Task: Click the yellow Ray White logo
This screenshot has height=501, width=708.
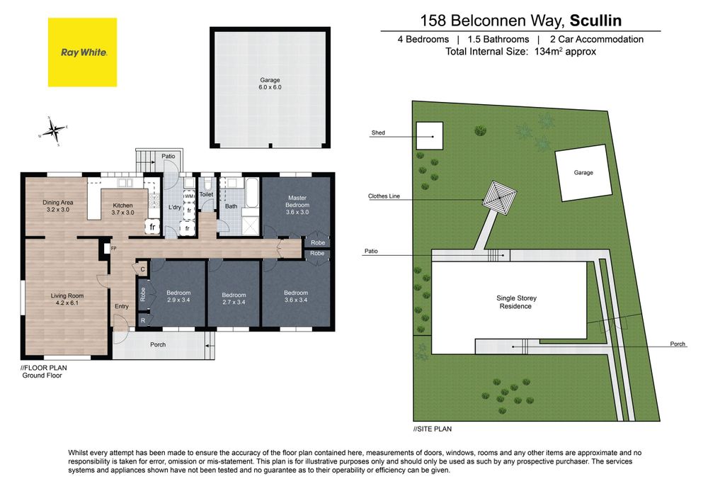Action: pyautogui.click(x=83, y=52)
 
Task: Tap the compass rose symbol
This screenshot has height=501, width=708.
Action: pyautogui.click(x=53, y=131)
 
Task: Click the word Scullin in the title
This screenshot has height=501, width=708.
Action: pyautogui.click(x=595, y=21)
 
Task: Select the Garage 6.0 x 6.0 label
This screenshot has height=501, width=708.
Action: pyautogui.click(x=270, y=84)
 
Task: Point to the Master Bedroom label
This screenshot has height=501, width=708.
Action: pyautogui.click(x=297, y=205)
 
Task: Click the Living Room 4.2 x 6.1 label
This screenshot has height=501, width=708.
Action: pyautogui.click(x=67, y=300)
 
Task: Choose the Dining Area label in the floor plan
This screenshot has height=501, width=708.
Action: pyautogui.click(x=58, y=206)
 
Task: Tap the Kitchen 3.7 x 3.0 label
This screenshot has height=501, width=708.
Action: pyautogui.click(x=122, y=209)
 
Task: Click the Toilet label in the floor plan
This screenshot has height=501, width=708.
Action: pyautogui.click(x=206, y=194)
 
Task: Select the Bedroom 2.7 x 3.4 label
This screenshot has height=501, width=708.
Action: pyautogui.click(x=234, y=298)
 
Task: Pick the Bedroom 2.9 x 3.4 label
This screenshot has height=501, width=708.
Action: pyautogui.click(x=178, y=296)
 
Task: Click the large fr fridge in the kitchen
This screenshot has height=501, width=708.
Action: pyautogui.click(x=152, y=227)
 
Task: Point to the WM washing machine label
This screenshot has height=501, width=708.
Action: pyautogui.click(x=189, y=196)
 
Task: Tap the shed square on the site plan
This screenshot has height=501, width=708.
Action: pyautogui.click(x=430, y=135)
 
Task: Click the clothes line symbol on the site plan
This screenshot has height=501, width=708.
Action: pyautogui.click(x=500, y=198)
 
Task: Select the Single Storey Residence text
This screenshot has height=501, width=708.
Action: pyautogui.click(x=516, y=302)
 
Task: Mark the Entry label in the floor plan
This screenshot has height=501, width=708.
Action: pyautogui.click(x=122, y=306)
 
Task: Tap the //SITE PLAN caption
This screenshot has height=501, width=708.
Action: pyautogui.click(x=433, y=429)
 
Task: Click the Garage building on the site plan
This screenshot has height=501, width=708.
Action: pyautogui.click(x=583, y=173)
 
